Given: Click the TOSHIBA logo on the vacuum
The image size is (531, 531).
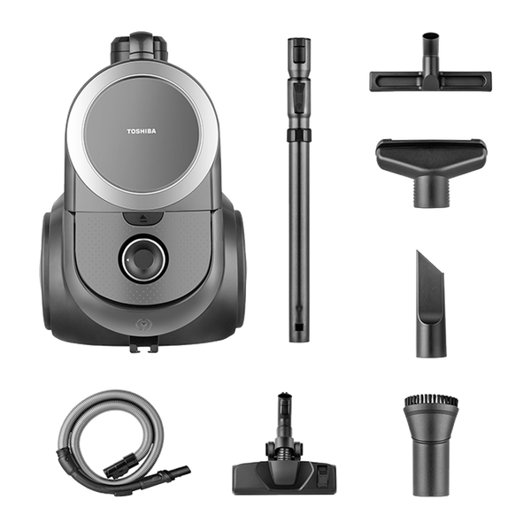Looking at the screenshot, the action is [x=142, y=131].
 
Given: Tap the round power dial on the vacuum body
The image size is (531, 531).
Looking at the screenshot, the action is [x=143, y=258].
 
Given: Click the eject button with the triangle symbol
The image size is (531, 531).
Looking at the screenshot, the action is [x=142, y=218].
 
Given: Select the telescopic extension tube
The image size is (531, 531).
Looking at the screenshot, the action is [x=299, y=190].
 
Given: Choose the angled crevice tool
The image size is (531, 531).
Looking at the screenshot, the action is [x=430, y=304].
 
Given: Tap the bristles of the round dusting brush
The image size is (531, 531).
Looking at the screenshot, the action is [x=431, y=403].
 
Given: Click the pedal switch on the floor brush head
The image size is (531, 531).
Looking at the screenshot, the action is [x=323, y=474].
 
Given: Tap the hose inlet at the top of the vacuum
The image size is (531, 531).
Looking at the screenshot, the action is [x=140, y=48].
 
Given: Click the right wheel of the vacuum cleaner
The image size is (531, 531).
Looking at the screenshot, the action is [x=237, y=261].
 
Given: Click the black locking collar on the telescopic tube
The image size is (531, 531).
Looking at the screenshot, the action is [x=299, y=135].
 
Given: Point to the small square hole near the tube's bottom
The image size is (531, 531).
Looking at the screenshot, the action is [x=299, y=327].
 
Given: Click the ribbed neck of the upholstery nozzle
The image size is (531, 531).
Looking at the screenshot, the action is [x=430, y=192].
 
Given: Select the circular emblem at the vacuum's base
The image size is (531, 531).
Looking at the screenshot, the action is [x=142, y=325].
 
